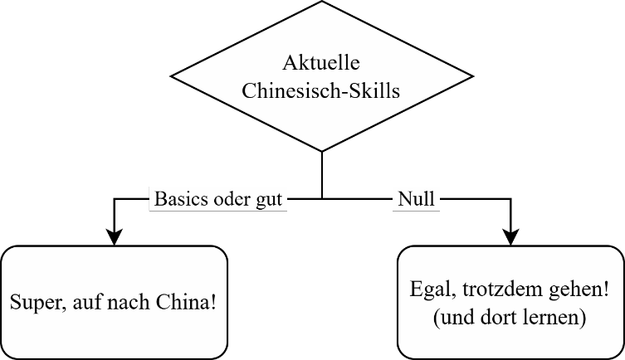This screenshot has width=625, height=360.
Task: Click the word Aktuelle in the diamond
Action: pyautogui.click(x=321, y=63)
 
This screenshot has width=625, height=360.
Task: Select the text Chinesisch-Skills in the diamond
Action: pyautogui.click(x=321, y=90)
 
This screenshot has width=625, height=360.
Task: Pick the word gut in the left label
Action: pyautogui.click(x=270, y=200)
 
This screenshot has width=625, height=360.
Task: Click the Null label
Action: pyautogui.click(x=416, y=200)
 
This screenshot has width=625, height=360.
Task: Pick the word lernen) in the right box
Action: pyautogui.click(x=551, y=319)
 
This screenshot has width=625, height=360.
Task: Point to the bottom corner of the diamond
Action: pyautogui.click(x=322, y=149)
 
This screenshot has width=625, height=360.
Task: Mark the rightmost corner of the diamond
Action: pyautogui.click(x=469, y=77)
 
